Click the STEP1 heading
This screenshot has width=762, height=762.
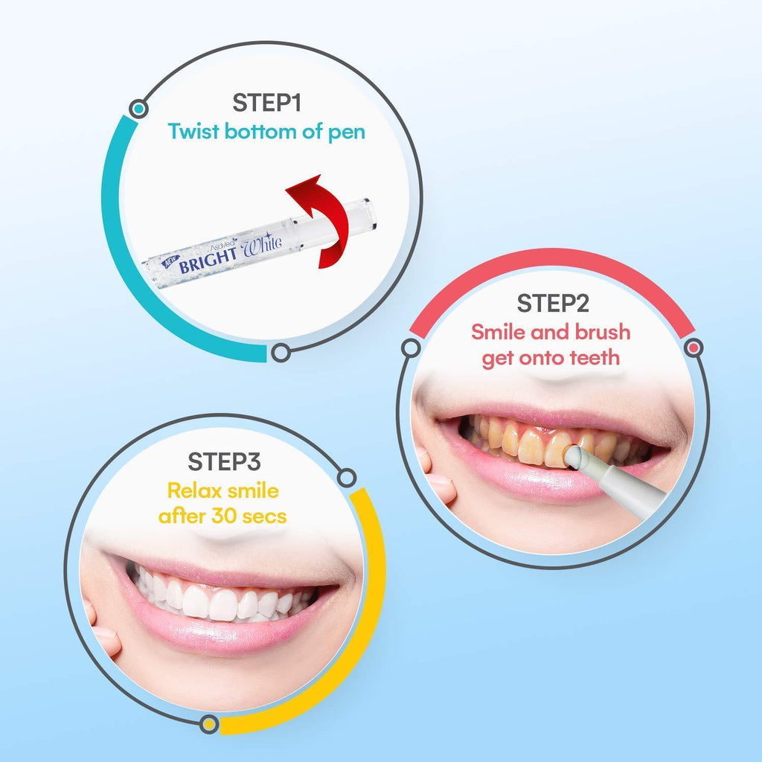(267, 103)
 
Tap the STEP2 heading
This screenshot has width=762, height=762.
(553, 304)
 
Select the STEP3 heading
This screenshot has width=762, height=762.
(224, 461)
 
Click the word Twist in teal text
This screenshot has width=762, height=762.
(193, 131)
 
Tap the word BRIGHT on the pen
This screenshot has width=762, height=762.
(208, 260)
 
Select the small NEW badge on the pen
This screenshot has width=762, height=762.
(170, 261)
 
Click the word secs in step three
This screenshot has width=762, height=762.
(264, 517)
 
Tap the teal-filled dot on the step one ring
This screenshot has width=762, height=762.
(139, 108)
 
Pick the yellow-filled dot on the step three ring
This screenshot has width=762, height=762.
(209, 724)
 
